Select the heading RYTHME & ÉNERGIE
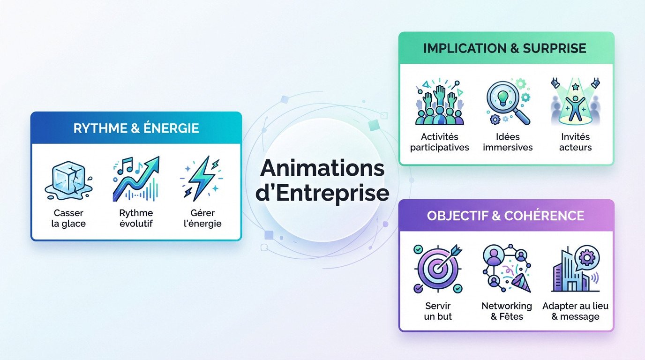pyautogui.click(x=136, y=128)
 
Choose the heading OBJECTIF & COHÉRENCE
pyautogui.click(x=505, y=216)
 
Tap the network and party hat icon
pyautogui.click(x=507, y=269)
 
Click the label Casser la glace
pyautogui.click(x=68, y=218)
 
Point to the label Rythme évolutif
pyautogui.click(x=136, y=218)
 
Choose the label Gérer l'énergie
pyautogui.click(x=203, y=218)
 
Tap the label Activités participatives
pyautogui.click(x=439, y=142)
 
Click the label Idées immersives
pyautogui.click(x=508, y=142)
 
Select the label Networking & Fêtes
pyautogui.click(x=507, y=311)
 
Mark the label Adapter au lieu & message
pyautogui.click(x=576, y=311)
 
